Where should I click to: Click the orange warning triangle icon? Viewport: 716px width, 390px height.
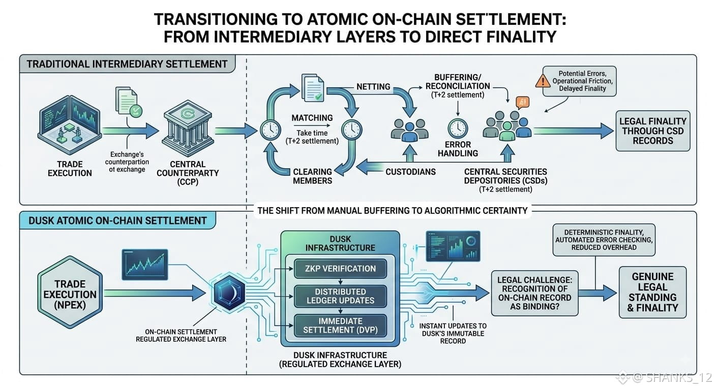[x=543, y=81]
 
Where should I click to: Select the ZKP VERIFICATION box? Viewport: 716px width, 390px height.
[x=340, y=269]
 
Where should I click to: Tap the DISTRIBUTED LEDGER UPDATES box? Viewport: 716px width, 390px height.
[x=340, y=296]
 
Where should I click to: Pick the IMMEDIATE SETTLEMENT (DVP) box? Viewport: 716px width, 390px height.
[x=340, y=326]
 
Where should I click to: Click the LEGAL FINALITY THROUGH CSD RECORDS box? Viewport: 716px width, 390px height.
[x=653, y=131]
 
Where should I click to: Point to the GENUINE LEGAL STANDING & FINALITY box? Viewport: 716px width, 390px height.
[x=652, y=292]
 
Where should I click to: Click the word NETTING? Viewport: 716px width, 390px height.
[x=373, y=86]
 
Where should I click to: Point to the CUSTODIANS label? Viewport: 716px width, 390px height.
[x=410, y=172]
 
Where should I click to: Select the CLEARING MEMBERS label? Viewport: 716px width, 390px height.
[x=312, y=176]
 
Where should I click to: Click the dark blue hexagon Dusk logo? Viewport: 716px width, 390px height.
[x=229, y=291]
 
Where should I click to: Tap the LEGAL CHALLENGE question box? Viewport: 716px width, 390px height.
[x=535, y=294]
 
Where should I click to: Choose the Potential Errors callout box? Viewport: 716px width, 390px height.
[x=579, y=81]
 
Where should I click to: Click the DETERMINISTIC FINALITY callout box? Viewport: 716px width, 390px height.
[x=604, y=240]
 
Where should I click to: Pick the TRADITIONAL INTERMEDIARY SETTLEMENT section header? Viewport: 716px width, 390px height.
[x=127, y=64]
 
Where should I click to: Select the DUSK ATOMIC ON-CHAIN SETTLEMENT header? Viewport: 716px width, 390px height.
[x=117, y=220]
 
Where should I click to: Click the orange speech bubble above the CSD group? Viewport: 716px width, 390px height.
[x=523, y=103]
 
